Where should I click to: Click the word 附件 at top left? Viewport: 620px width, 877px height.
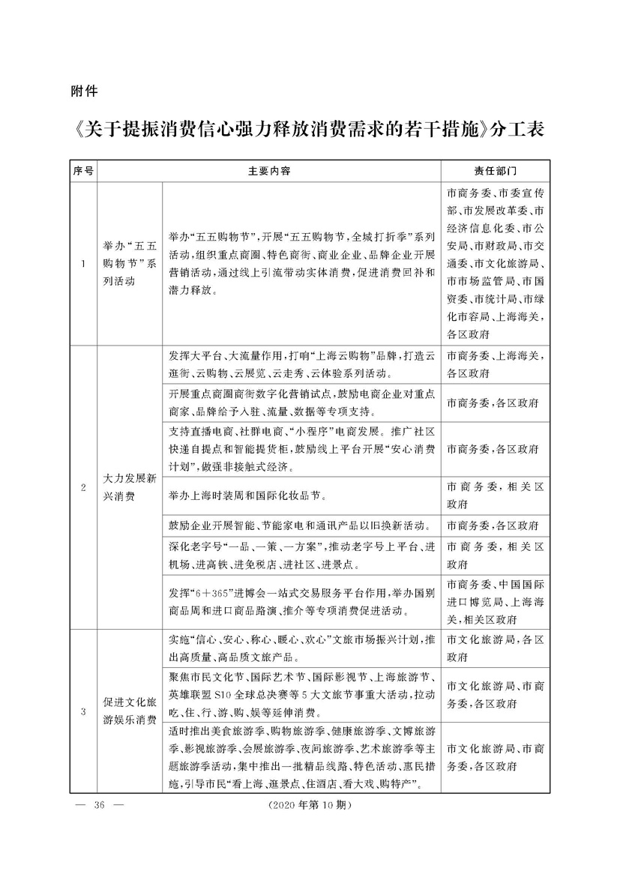pos(82,93)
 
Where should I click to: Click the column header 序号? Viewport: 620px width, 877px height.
pos(83,170)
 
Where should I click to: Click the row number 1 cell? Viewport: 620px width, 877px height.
pos(83,263)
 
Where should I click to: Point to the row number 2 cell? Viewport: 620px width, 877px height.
pos(83,489)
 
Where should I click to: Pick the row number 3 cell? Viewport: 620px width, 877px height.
pos(83,711)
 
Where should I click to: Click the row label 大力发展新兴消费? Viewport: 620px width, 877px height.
pos(130,489)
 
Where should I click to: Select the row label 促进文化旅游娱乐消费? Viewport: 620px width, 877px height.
pos(130,711)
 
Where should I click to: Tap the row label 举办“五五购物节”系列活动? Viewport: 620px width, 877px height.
pos(130,263)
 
